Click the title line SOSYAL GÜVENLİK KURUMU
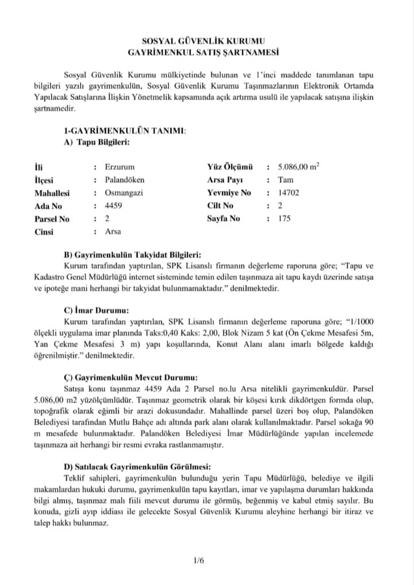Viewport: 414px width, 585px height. click(207, 42)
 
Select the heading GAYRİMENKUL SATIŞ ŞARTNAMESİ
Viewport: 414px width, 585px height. click(207, 52)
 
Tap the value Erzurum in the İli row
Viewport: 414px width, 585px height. click(118, 167)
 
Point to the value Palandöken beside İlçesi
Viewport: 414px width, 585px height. click(124, 180)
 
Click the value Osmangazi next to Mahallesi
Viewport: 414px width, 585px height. click(123, 193)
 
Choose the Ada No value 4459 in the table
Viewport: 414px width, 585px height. click(114, 206)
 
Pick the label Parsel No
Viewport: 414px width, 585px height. click(52, 219)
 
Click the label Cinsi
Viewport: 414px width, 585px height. click(44, 232)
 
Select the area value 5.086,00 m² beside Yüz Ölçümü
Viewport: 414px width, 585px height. click(298, 167)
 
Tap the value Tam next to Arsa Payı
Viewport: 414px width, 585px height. click(285, 180)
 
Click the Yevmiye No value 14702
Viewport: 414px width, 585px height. click(289, 193)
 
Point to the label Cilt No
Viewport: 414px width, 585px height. click(220, 206)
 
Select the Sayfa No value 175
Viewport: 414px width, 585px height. click(284, 219)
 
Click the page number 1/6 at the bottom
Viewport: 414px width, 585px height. click(200, 560)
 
